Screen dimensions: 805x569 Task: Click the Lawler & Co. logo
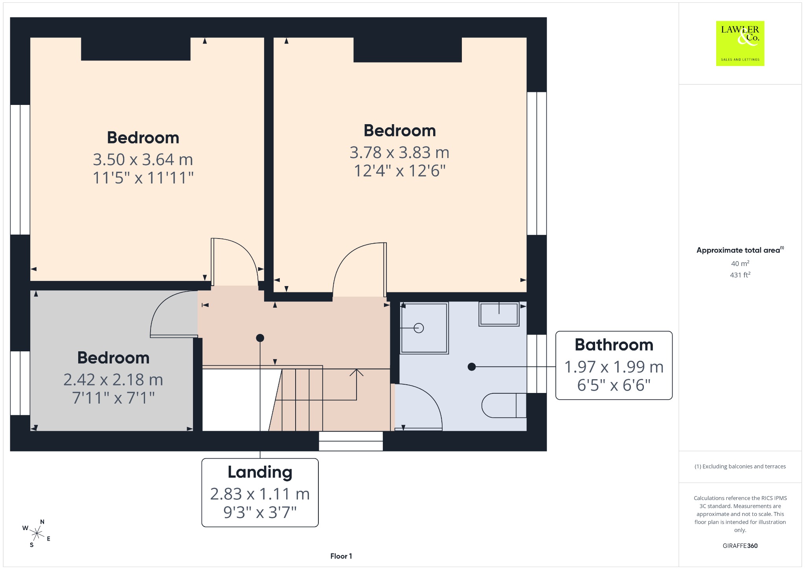coord(740,43)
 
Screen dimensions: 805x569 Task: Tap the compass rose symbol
coord(37,533)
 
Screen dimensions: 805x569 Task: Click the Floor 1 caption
coord(341,556)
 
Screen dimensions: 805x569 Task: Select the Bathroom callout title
coord(614,345)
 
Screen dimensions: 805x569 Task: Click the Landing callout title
coord(260,472)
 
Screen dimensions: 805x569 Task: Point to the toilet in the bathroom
coord(504,405)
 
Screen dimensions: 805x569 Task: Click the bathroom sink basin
coord(499,314)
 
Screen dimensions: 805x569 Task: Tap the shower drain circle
coord(419,328)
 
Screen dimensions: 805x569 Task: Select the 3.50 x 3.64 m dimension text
coord(143,160)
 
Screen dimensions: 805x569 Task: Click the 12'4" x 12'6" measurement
coord(400,171)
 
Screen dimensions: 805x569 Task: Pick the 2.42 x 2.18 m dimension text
coord(113,380)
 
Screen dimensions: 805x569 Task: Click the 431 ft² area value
coord(740,275)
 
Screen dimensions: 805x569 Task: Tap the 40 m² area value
coord(740,263)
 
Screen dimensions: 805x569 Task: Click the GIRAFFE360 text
coord(740,545)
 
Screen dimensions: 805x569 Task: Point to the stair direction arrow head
coord(357,372)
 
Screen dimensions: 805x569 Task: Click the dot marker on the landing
coord(260,338)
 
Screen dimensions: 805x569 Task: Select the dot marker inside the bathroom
coord(472,367)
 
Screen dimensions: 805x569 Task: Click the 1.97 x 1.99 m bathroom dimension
coord(614,367)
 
